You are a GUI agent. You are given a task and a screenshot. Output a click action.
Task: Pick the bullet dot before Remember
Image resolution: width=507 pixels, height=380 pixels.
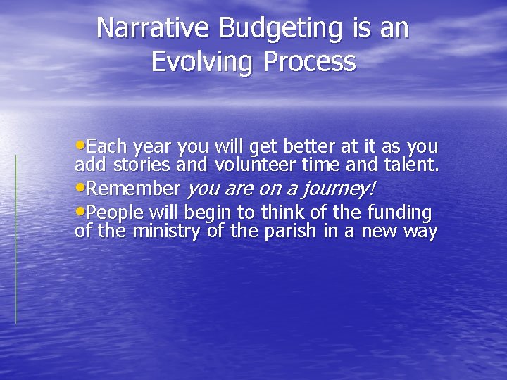point(80,188)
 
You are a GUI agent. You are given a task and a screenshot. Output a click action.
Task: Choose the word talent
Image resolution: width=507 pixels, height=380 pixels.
point(412,165)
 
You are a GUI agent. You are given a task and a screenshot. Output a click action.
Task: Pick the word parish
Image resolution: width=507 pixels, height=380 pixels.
point(292,232)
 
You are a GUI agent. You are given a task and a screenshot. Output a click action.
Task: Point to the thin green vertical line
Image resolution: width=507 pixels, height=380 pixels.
point(16,239)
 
